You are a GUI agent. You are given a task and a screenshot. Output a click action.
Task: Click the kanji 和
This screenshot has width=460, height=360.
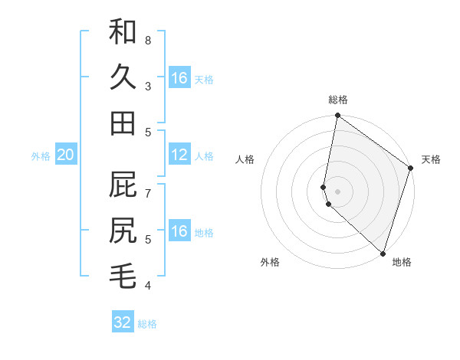pos(123,32)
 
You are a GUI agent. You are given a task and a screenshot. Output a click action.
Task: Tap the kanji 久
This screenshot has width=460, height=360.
pos(123,78)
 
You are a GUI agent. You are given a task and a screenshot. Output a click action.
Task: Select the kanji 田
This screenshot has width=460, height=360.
pos(123,123)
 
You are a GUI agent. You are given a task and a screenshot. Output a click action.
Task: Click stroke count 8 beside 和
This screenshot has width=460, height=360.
pos(148,39)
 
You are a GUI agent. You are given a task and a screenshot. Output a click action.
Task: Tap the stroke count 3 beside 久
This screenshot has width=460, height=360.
pos(148,86)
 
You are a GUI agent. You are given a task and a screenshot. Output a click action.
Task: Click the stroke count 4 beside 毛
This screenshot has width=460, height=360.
pos(148,286)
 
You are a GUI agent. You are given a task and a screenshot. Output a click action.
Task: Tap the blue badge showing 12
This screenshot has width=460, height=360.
pos(179,155)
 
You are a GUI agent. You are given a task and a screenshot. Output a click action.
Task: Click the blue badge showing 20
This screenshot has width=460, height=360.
pos(65,155)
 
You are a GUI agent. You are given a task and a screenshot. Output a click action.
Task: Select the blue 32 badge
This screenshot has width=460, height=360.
pos(123,322)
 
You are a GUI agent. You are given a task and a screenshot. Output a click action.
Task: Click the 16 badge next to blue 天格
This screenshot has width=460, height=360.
pos(179,78)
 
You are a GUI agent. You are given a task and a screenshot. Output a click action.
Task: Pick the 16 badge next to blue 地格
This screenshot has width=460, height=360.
pos(179,232)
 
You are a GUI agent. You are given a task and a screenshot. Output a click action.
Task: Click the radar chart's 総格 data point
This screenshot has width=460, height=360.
pos(337,116)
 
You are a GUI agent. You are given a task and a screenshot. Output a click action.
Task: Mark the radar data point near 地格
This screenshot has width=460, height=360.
pos(383,253)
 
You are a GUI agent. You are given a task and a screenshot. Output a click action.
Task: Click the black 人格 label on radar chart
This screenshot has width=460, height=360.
pos(245,159)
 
